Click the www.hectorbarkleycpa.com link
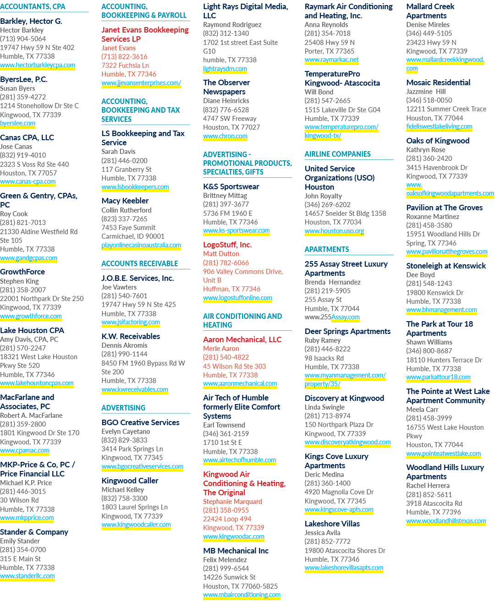pyautogui.click(x=38, y=65)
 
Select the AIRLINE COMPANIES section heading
pyautogui.click(x=337, y=154)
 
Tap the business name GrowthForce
pyautogui.click(x=22, y=272)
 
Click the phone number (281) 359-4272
pyautogui.click(x=23, y=97)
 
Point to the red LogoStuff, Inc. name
pyautogui.click(x=227, y=245)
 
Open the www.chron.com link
pyautogui.click(x=225, y=136)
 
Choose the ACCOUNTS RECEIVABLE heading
pyautogui.click(x=140, y=263)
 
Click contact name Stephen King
pyautogui.click(x=19, y=281)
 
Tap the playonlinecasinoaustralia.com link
pyautogui.click(x=141, y=245)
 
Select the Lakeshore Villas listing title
pyautogui.click(x=332, y=524)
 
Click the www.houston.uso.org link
pyautogui.click(x=334, y=230)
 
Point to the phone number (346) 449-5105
pyautogui.click(x=429, y=33)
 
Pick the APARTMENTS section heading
pyautogui.click(x=327, y=249)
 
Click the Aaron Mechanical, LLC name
pyautogui.click(x=242, y=339)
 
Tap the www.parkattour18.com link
pyautogui.click(x=438, y=377)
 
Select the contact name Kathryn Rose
pyautogui.click(x=426, y=150)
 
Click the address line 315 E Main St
pyautogui.click(x=20, y=558)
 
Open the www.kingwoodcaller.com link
pyautogui.click(x=136, y=525)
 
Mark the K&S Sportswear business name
pyautogui.click(x=231, y=186)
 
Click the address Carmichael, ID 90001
pyautogui.click(x=133, y=236)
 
